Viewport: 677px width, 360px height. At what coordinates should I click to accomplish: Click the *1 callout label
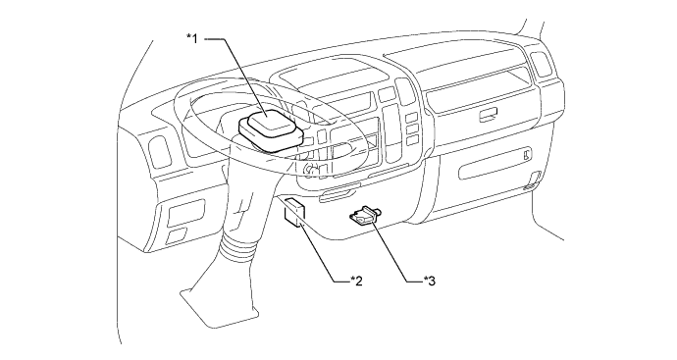(x=192, y=39)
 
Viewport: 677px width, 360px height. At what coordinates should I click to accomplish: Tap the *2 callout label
(x=356, y=281)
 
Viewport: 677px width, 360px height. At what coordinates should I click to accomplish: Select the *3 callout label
(x=429, y=281)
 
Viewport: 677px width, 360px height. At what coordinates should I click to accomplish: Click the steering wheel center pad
(x=271, y=129)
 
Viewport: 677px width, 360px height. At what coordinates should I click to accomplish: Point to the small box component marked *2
(x=294, y=212)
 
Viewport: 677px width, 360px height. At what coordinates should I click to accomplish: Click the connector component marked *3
(x=366, y=215)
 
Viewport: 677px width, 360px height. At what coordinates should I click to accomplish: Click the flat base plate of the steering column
(x=219, y=306)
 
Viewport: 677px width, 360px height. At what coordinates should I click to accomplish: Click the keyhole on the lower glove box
(x=528, y=154)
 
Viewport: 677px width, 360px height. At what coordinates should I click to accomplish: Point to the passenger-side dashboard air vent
(x=542, y=65)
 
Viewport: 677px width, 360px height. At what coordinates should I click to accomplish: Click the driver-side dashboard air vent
(x=159, y=152)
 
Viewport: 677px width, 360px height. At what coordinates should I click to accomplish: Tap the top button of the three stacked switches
(x=411, y=117)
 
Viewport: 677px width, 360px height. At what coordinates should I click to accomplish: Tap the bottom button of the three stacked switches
(x=412, y=140)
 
